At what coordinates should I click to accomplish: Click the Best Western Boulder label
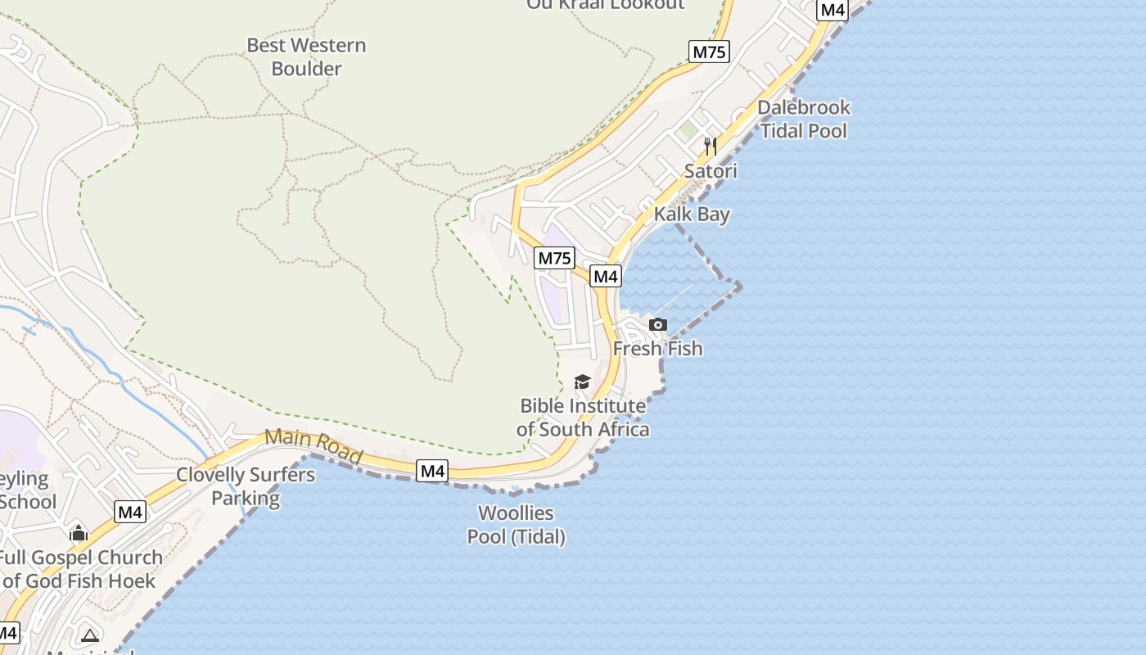coord(306,56)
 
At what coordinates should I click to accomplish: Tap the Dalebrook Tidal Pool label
coord(804,119)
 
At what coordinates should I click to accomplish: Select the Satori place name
coord(711,171)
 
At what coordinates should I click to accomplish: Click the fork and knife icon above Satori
coord(711,147)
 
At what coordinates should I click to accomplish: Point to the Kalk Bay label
coord(692,215)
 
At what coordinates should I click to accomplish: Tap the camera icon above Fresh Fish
coord(657,325)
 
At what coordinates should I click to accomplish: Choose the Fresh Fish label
coord(657,349)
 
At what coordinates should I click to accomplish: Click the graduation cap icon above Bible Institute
coord(582,382)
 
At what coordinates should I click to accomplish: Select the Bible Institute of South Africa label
coord(583,418)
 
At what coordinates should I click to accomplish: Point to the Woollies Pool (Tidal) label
coord(516,525)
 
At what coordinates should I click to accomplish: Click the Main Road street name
coord(314,447)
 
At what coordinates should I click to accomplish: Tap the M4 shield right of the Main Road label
coord(432,471)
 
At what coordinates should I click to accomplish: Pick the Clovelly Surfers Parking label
coord(246,486)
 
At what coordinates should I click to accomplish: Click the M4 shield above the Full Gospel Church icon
coord(130,513)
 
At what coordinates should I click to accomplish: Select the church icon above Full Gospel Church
coord(79,533)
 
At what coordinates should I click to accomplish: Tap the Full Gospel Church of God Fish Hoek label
coord(80,569)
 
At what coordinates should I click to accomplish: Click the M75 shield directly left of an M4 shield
coord(554,259)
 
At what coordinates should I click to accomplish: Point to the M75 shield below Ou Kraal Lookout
coord(709,52)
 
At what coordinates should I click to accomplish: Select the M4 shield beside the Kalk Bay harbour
coord(606,276)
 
